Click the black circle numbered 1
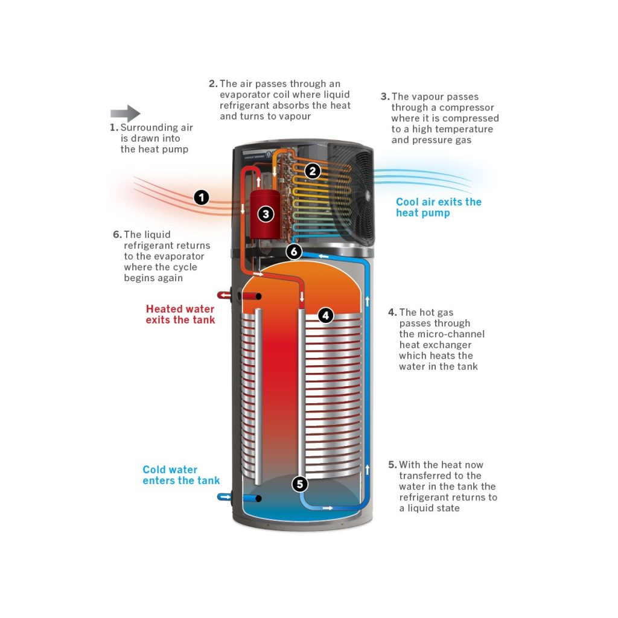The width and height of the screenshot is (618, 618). click(x=201, y=197)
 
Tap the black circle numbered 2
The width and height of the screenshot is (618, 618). click(x=311, y=171)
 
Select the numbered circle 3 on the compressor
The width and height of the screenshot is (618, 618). click(x=266, y=213)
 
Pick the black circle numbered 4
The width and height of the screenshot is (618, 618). click(x=325, y=315)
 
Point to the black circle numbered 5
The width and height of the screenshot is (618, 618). click(x=300, y=483)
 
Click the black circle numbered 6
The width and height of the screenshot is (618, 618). click(x=294, y=252)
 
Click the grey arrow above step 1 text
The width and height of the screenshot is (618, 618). click(x=125, y=113)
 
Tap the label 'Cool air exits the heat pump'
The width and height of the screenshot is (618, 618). click(x=438, y=207)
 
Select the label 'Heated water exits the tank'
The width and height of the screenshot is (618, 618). click(x=180, y=314)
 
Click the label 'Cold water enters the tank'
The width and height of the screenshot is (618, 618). click(x=181, y=475)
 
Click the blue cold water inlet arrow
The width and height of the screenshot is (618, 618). click(x=224, y=497)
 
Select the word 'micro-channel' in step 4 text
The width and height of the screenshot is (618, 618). click(x=449, y=334)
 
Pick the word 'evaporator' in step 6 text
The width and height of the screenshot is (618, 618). click(x=171, y=256)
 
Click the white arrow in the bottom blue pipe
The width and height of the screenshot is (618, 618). click(x=327, y=508)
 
